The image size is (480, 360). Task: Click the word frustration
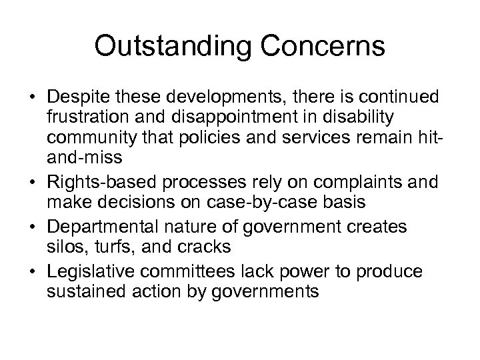[x=84, y=118]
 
